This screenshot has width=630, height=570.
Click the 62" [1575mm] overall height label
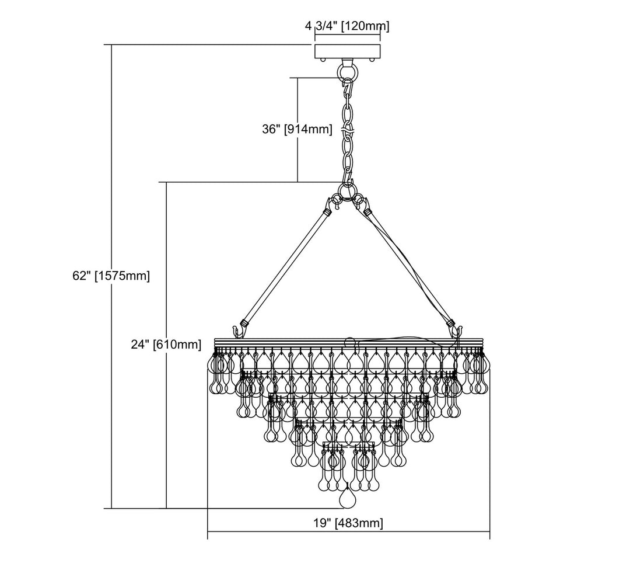pos(111,276)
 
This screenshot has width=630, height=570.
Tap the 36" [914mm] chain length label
pos(297,129)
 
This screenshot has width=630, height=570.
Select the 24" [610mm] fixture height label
pos(166,345)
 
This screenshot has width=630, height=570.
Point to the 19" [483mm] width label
pos(348,523)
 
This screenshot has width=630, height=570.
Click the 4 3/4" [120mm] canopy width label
pos(347,26)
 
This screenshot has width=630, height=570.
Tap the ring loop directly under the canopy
pos(348,72)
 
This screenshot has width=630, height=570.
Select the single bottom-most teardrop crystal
pos(348,499)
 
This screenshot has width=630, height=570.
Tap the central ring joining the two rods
pos(348,191)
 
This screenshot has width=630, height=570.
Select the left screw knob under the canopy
pos(322,60)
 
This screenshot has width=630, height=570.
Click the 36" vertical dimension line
pos(297,130)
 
